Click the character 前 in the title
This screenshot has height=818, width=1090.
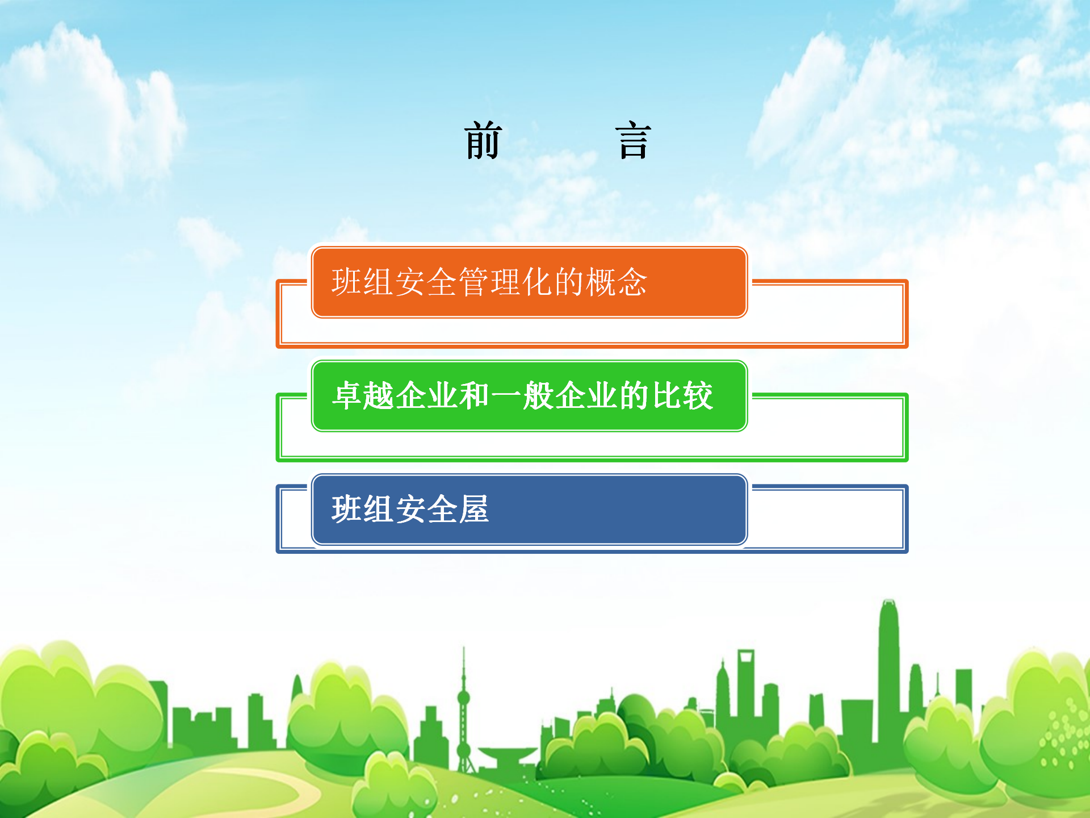point(483,140)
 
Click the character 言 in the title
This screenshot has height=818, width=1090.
point(633,140)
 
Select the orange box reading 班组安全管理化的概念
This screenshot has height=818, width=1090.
point(529,282)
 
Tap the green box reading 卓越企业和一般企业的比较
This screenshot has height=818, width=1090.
point(529,396)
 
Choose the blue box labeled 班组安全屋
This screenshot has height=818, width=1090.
point(529,510)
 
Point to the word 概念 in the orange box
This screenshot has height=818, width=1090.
point(617,282)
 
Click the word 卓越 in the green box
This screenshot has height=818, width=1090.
point(363,395)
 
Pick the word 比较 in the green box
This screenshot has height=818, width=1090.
point(683,395)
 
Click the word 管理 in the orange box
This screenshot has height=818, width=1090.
point(490,282)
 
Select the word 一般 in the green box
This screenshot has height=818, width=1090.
point(522,395)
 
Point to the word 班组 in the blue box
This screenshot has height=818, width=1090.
point(363,509)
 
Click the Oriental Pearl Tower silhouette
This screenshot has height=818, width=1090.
point(464,710)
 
